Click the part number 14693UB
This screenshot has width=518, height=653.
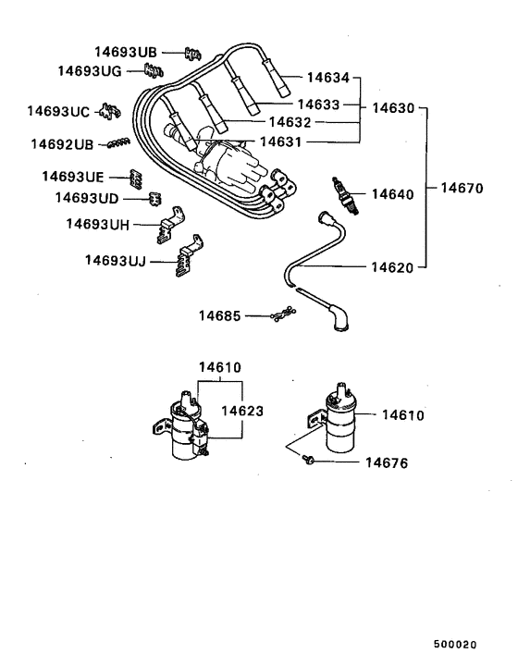[x=127, y=52]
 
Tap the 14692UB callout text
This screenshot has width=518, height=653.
[x=62, y=144]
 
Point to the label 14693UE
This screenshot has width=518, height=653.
[x=73, y=176]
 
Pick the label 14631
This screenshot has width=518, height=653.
[x=282, y=142]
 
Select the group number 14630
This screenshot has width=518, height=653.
[x=393, y=108]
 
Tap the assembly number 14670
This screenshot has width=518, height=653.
[x=462, y=188]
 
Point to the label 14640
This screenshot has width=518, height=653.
[x=394, y=194]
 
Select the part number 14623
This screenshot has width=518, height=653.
[x=240, y=409]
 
